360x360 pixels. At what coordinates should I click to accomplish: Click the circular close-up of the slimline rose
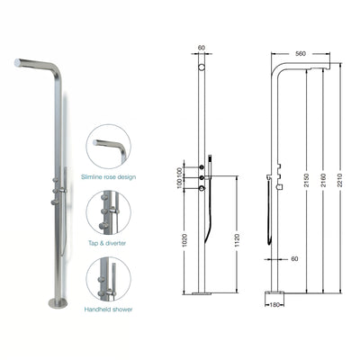point(110,146)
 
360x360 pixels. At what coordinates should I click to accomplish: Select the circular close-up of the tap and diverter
point(110,211)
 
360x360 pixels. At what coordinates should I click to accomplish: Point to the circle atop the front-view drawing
point(201,68)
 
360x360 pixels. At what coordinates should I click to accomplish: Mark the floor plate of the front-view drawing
point(201,292)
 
